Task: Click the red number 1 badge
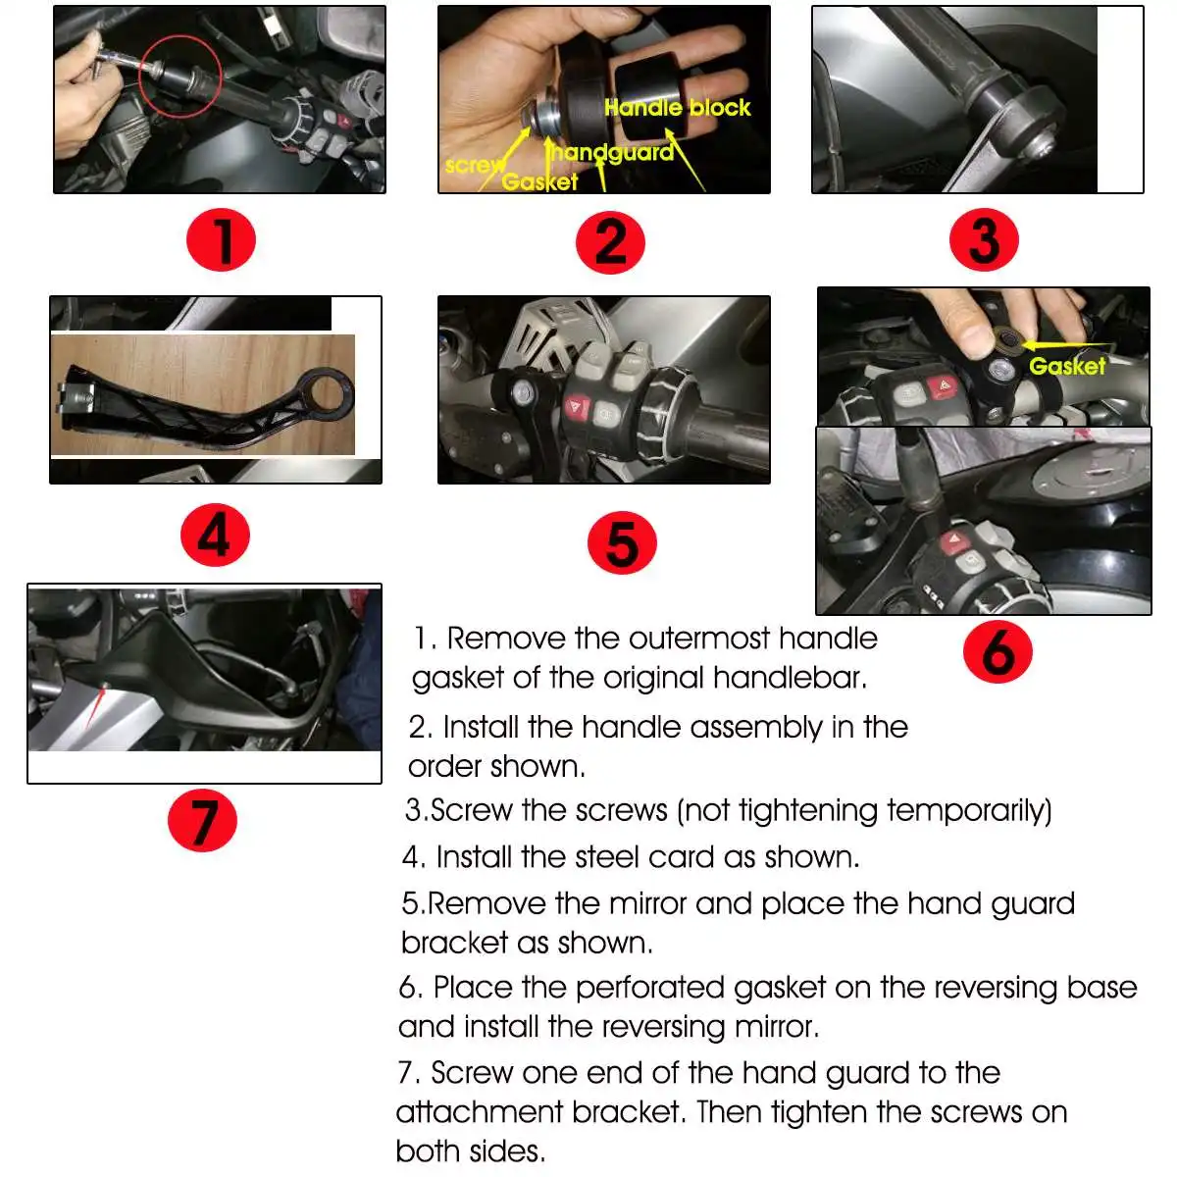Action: (221, 240)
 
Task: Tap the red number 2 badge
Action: (610, 242)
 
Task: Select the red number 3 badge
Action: (984, 240)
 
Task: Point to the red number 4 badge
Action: (215, 535)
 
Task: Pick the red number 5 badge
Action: (622, 542)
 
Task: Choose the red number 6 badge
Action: (998, 651)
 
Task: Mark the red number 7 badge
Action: (202, 820)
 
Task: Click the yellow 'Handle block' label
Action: (678, 108)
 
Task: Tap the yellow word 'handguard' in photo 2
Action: (612, 152)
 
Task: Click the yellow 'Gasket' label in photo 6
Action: (1067, 366)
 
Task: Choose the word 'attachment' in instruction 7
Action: (479, 1112)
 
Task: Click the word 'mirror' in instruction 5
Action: (648, 904)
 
